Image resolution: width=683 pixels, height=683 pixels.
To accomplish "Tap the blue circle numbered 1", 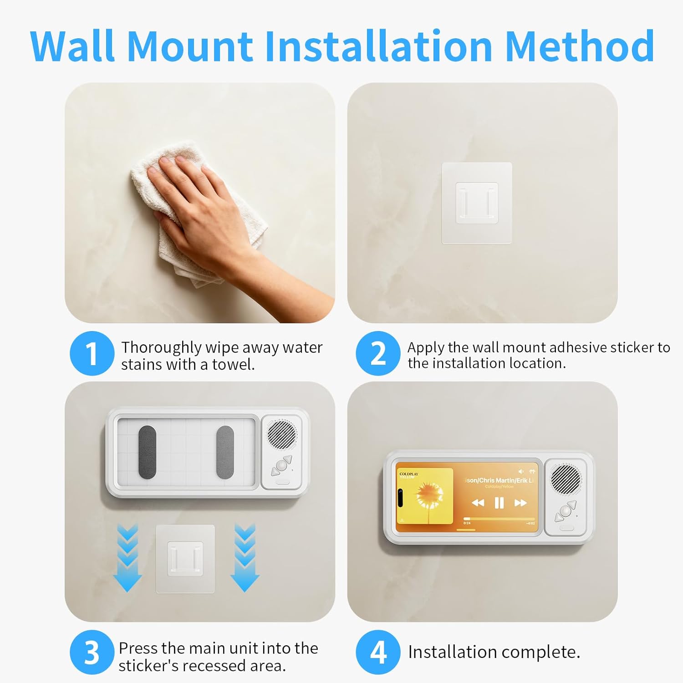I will (92, 353).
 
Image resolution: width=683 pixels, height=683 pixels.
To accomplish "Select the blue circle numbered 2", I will (377, 353).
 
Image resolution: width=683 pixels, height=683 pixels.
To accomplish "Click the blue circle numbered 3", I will (92, 652).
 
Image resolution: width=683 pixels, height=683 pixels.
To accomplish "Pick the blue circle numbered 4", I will (377, 652).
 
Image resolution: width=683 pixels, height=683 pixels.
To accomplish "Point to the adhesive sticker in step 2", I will (477, 203).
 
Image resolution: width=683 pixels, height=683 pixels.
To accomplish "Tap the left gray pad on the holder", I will (147, 452).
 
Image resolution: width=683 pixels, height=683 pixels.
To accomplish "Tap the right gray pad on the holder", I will (225, 452).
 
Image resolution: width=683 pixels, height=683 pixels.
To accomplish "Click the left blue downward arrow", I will (127, 558).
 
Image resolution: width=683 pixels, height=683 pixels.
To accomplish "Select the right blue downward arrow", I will (245, 558).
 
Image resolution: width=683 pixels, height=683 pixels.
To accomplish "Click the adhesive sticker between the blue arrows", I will (185, 559).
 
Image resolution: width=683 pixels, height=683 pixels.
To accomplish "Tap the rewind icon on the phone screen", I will (478, 503).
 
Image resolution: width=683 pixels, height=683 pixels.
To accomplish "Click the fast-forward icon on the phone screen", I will (520, 503).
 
